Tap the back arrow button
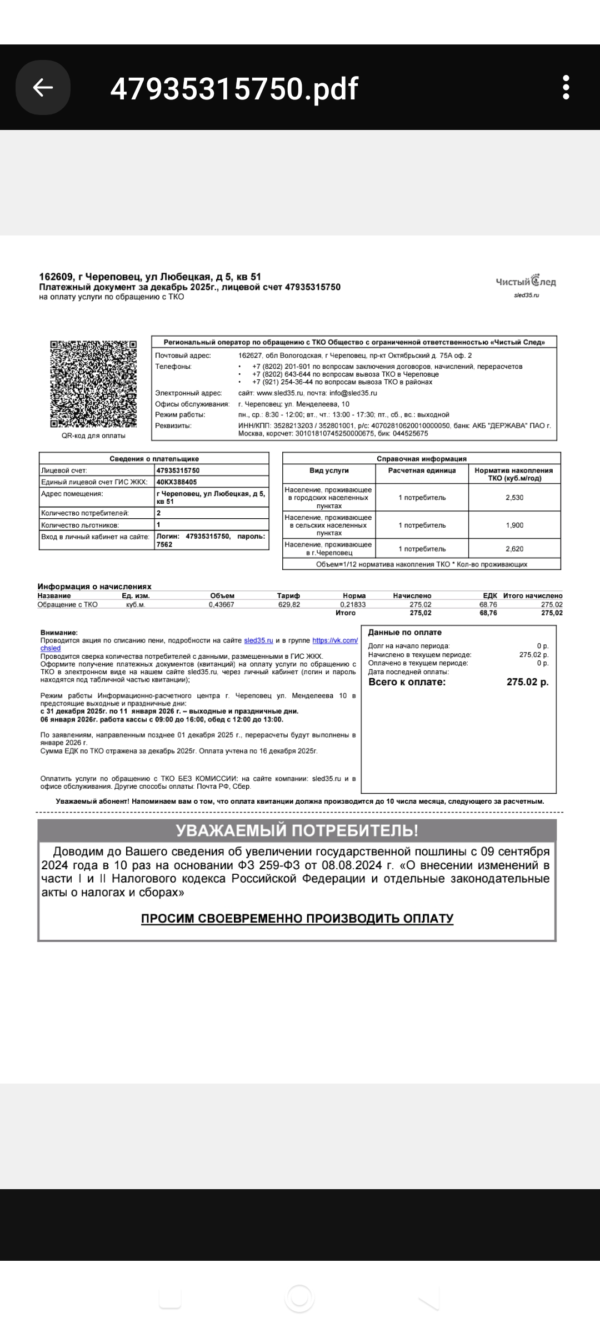click(43, 87)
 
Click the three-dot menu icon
click(566, 87)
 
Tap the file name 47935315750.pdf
click(234, 88)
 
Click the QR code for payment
click(93, 384)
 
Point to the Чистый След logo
click(526, 282)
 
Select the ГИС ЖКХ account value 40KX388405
click(177, 482)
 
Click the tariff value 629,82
click(289, 604)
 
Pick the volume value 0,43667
click(221, 604)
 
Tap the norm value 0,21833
click(353, 604)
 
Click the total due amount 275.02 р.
click(527, 682)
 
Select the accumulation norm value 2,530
click(514, 498)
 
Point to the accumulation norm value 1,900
click(514, 525)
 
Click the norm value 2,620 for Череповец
click(514, 549)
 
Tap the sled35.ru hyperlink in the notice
click(259, 640)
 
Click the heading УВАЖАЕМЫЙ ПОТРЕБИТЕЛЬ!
click(297, 830)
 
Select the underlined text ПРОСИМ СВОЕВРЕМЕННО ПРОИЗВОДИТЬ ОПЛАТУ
click(297, 918)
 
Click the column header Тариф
click(288, 595)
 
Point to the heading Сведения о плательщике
click(154, 459)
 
